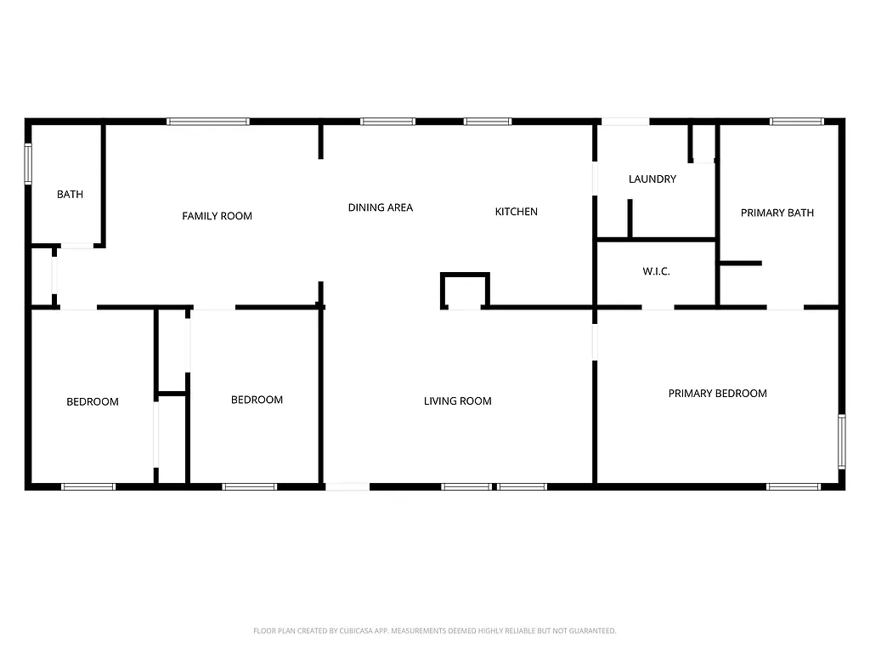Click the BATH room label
[x=70, y=195]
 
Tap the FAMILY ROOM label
[x=217, y=216]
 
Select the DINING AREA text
[x=380, y=207]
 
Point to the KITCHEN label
[x=516, y=212]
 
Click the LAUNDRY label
[x=652, y=179]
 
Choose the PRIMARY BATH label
[x=777, y=213]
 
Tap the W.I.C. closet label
[x=656, y=272]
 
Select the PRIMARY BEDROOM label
[x=717, y=394]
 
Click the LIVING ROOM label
[x=457, y=401]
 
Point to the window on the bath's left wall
[x=28, y=164]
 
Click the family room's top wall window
[x=208, y=122]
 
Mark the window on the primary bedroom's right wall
[x=841, y=440]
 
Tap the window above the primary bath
[x=796, y=122]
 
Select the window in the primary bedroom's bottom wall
[x=793, y=486]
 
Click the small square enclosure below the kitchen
[x=465, y=291]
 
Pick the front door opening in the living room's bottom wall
[x=347, y=486]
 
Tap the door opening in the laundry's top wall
[x=625, y=122]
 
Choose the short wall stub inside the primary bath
[x=741, y=264]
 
